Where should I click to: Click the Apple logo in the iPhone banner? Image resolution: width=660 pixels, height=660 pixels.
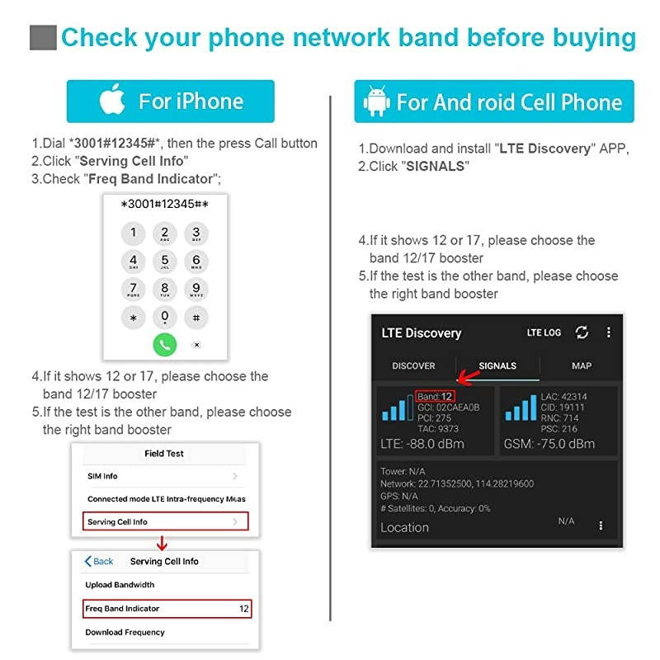coord(112,101)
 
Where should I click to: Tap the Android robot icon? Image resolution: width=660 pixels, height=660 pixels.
coord(377,101)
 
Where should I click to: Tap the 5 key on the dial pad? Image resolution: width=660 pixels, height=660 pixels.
coord(165,262)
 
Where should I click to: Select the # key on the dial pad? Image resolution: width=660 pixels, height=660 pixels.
coord(196,318)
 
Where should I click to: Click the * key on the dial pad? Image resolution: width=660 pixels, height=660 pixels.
coord(134,318)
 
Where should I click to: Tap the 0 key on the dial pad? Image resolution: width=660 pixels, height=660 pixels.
coord(165,317)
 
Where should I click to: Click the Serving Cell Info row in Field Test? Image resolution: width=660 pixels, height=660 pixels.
coord(165,521)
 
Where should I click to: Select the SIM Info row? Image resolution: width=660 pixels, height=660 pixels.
coord(165,476)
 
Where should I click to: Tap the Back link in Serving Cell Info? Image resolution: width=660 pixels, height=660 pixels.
coord(100,561)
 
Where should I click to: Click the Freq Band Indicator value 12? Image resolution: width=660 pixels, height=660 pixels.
coord(244,609)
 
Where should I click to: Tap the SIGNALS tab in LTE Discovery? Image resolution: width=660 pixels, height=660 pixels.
coord(497,365)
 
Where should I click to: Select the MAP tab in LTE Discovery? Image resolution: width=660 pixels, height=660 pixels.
coord(582,365)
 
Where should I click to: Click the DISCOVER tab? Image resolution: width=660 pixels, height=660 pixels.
coord(413,365)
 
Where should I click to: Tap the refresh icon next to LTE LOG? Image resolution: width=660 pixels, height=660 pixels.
coord(582,332)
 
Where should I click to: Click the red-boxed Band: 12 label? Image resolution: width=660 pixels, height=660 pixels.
coord(435,397)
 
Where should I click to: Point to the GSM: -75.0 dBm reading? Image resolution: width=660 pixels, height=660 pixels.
coord(549,444)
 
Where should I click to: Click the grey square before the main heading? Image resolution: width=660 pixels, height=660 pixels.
coord(43,38)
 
